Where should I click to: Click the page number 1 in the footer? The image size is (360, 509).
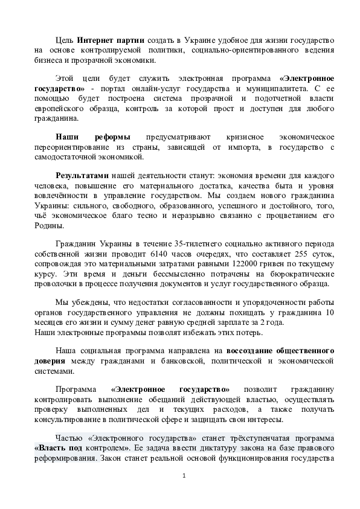(184, 476)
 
